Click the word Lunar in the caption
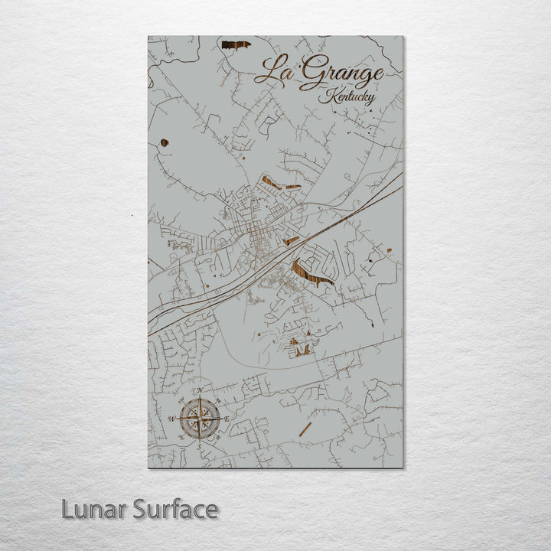(x=95, y=509)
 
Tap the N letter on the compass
(x=200, y=391)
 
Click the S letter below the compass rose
(x=200, y=445)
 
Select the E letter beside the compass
(x=227, y=418)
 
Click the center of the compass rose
(x=200, y=418)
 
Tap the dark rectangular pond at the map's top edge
(x=236, y=45)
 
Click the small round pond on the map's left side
(x=165, y=142)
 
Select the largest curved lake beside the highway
(x=311, y=273)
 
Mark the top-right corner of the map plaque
(x=403, y=37)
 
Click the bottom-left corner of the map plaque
(x=148, y=467)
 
